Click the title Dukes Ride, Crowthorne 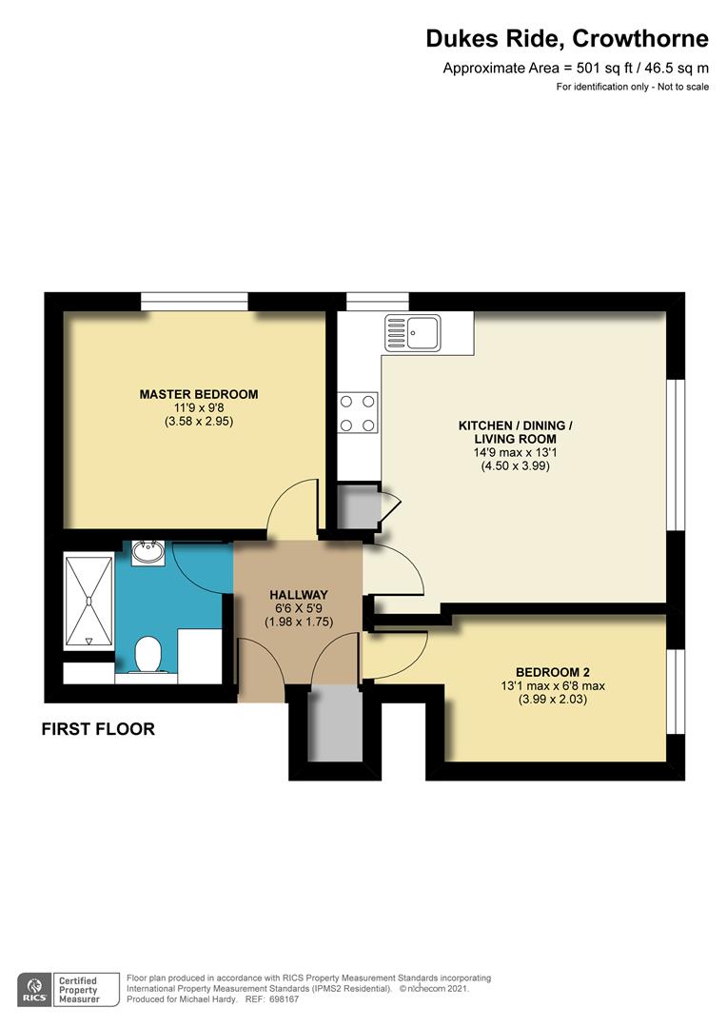[566, 39]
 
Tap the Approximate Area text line [576, 68]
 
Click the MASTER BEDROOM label [198, 394]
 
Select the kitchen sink [412, 333]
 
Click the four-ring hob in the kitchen [358, 413]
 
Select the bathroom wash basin [146, 551]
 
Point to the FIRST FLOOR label [98, 730]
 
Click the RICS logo [35, 990]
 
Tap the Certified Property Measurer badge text [80, 990]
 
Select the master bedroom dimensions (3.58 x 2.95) [198, 421]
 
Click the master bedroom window [195, 302]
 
